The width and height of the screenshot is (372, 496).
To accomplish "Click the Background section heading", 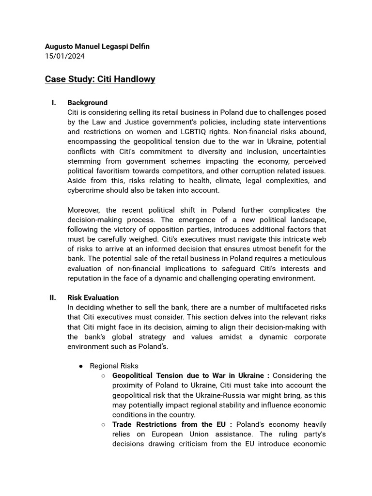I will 87,103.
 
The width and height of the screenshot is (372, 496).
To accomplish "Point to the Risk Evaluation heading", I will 93,297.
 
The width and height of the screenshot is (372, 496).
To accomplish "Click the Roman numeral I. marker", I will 54,103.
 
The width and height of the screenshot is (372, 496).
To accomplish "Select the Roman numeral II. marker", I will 53,297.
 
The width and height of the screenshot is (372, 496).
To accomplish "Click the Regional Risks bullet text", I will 114,366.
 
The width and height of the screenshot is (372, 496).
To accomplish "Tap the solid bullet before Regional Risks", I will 81,366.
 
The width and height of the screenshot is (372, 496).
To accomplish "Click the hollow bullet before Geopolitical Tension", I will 104,376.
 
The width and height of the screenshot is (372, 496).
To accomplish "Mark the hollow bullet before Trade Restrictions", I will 104,425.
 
